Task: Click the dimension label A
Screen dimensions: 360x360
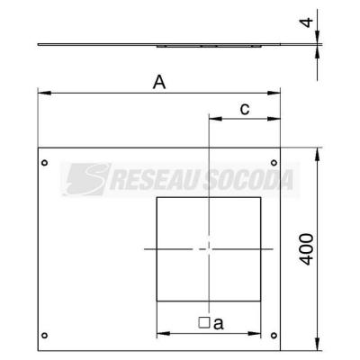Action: (159, 82)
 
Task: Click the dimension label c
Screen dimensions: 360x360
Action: (245, 110)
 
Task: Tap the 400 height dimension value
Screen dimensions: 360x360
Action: (307, 249)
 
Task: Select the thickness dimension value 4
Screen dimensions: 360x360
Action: (307, 22)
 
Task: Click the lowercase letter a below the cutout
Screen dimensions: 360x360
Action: (219, 324)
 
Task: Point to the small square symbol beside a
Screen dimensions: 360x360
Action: (204, 322)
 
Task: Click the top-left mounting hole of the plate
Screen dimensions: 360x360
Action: (44, 163)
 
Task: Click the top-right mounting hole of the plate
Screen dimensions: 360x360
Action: (274, 163)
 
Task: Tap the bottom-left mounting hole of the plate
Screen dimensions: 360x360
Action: (44, 335)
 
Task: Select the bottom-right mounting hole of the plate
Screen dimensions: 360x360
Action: (274, 335)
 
